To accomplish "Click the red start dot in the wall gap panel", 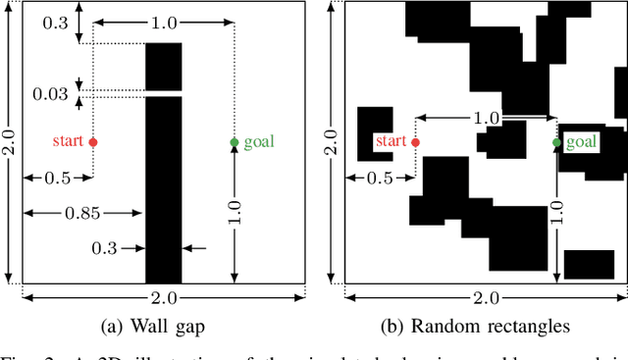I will (x=93, y=142).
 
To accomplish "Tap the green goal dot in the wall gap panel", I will (x=234, y=142).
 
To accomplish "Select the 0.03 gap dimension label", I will (x=51, y=94).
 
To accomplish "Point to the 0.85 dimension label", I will (x=81, y=212).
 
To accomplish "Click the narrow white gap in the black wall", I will (x=163, y=93).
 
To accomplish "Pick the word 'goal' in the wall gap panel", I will (x=259, y=142).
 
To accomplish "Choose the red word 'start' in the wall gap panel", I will (x=68, y=142).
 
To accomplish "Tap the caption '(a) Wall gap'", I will (x=162, y=327).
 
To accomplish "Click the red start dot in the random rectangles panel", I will (x=415, y=142).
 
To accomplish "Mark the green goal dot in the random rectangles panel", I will (x=556, y=142).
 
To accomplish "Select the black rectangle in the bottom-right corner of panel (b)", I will (x=589, y=264).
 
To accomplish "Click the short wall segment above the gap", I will (x=163, y=66).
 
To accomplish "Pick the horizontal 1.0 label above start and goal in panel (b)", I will (x=486, y=118).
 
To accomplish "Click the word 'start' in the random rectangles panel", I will (x=391, y=142).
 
